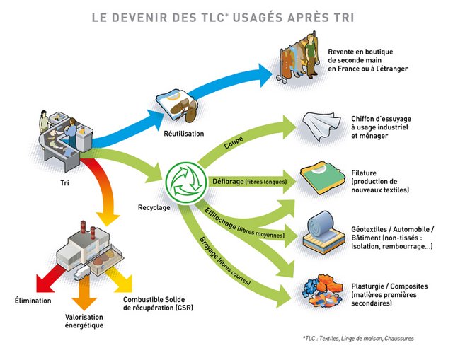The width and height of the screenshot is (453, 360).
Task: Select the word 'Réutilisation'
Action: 183,133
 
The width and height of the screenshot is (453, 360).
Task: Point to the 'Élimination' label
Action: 32,301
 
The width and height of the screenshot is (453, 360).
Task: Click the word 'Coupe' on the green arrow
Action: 233,144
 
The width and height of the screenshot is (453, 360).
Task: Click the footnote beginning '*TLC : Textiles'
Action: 357,339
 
